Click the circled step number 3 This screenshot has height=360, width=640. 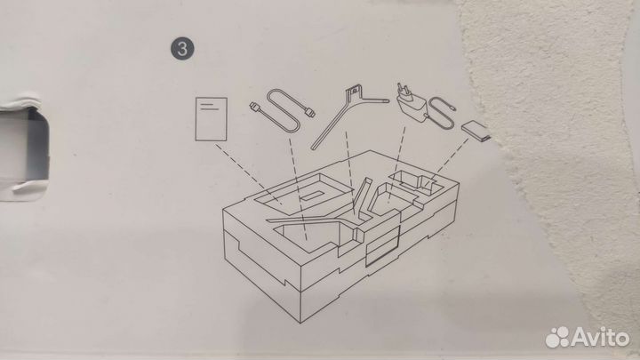182,49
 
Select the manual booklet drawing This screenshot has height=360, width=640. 211,119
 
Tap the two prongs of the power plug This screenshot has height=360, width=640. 401,89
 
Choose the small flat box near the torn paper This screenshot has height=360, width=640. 476,131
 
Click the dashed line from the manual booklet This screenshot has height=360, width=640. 248,173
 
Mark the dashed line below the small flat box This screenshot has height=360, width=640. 446,163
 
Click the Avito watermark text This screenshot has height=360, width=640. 600,337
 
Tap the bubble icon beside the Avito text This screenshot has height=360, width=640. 557,337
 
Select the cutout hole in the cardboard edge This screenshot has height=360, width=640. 25,149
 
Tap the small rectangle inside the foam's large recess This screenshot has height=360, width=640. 310,196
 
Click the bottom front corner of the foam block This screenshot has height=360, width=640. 301,323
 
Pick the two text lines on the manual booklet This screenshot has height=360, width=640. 210,107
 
